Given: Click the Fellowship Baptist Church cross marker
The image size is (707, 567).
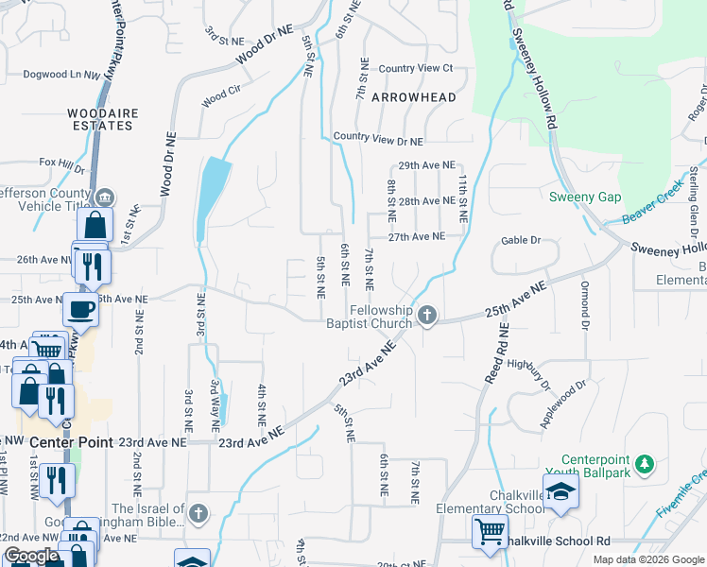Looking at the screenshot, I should [427, 315].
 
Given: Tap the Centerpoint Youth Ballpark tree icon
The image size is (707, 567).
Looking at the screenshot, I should [645, 464].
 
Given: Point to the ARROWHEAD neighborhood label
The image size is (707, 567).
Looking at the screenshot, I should [414, 97].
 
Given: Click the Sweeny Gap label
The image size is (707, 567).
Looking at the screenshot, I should [586, 197].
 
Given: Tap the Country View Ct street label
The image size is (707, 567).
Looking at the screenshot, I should [416, 68].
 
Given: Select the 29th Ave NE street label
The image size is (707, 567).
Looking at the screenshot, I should [426, 164].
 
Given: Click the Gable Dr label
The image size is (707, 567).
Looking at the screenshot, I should [521, 240].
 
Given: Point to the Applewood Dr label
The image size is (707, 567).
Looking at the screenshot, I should [564, 404].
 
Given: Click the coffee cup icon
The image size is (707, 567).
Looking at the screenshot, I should [79, 308].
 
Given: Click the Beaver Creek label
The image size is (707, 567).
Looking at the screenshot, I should [652, 206].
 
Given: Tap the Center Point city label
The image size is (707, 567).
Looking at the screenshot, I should [71, 442].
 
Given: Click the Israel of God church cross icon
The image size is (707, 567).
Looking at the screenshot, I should [197, 513].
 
